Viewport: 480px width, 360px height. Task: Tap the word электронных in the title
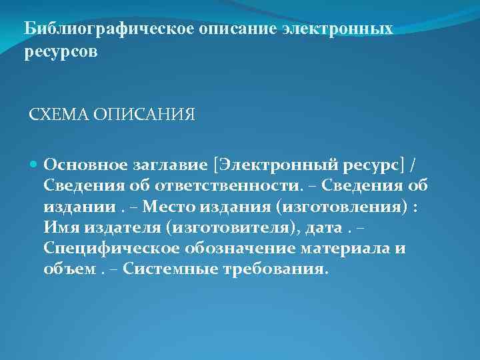337,30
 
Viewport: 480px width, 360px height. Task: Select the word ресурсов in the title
61,51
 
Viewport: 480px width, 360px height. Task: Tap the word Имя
61,229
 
